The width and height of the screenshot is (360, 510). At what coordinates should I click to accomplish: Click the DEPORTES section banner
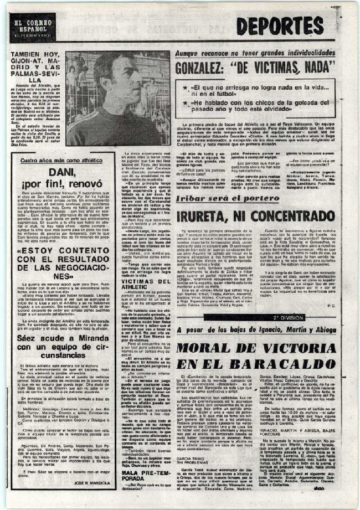tap(281, 25)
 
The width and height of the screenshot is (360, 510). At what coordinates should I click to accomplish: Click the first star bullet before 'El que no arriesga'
tap(185, 88)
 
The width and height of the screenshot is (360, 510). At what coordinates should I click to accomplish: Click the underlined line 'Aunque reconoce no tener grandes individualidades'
tap(255, 53)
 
